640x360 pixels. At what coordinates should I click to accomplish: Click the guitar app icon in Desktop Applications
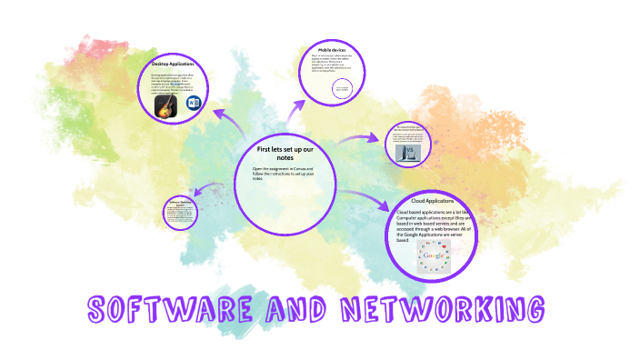point(165,106)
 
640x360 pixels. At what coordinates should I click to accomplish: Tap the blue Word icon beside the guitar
point(193,105)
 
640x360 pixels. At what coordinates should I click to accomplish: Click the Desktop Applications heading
point(174,64)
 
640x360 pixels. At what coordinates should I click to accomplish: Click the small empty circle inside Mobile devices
point(344,88)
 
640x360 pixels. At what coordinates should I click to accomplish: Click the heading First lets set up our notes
point(286,152)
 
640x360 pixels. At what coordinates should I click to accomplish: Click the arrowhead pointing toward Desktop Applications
point(218,113)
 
